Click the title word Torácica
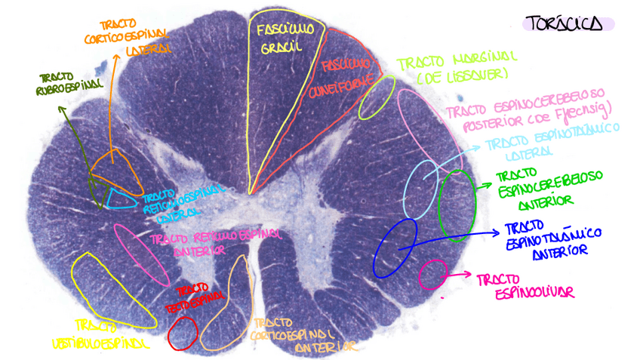(x=567, y=24)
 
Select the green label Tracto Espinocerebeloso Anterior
(x=549, y=188)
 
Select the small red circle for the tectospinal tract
(x=183, y=333)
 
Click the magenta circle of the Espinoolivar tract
(x=432, y=274)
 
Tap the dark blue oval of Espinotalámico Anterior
(x=395, y=247)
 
